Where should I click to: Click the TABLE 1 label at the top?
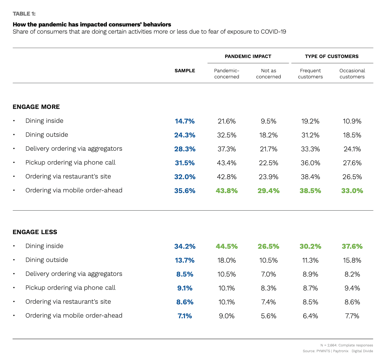pos(24,14)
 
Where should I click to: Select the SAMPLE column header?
pos(185,71)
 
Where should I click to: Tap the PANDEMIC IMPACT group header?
pos(248,56)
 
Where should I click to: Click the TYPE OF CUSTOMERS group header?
pos(331,56)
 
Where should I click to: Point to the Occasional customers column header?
pos(352,74)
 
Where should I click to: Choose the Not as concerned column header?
pos(268,74)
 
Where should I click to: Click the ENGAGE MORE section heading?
pos(36,107)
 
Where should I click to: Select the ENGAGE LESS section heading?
pos(35,232)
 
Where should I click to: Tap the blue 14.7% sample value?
pos(185,121)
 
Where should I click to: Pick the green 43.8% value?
pos(226,191)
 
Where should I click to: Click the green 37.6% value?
pos(352,246)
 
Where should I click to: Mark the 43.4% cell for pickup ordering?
pos(226,163)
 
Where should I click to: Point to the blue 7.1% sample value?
pos(185,316)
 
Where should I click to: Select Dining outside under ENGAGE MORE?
pos(46,135)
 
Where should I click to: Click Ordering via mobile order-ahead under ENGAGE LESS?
pos(74,316)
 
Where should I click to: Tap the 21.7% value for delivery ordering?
pos(268,149)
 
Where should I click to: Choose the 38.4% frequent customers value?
pos(310,177)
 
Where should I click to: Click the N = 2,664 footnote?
pos(346,345)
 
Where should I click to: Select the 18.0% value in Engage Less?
pos(226,260)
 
